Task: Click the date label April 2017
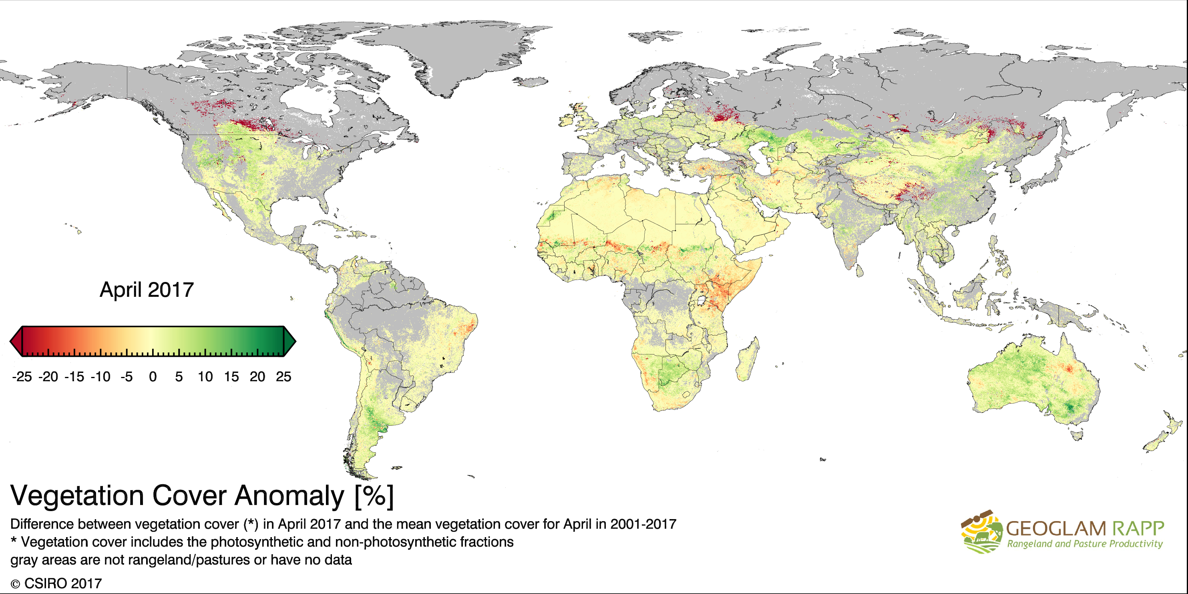147,290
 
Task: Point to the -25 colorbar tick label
22,377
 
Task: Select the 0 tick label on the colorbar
153,377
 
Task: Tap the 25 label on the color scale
283,377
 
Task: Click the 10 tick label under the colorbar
205,377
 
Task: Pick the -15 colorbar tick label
74,377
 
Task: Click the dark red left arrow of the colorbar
16,341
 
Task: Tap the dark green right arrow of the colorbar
289,341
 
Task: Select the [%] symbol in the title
374,496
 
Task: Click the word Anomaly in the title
289,496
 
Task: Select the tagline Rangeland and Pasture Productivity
1085,544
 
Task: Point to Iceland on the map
531,82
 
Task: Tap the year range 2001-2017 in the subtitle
643,524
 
